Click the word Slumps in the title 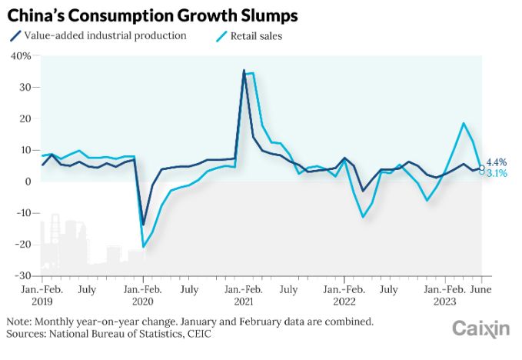coord(264,15)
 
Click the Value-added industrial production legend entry coord(105,35)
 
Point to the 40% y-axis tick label coord(21,56)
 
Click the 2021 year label coord(244,302)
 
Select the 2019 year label coord(42,302)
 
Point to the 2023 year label coord(446,302)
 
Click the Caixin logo coord(480,329)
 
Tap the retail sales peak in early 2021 coord(250,72)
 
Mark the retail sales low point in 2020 coord(143,247)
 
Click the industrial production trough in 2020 coord(143,225)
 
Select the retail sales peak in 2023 coord(464,123)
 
